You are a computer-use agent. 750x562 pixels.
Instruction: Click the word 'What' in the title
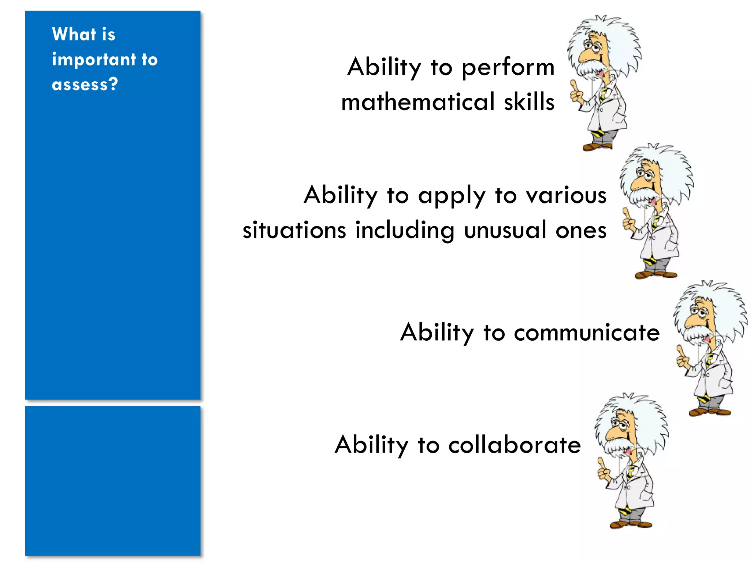(x=74, y=34)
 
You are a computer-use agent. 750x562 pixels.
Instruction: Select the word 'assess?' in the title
(x=85, y=85)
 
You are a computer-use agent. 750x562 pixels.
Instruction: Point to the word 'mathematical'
(x=418, y=102)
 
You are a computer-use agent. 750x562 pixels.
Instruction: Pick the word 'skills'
(x=529, y=102)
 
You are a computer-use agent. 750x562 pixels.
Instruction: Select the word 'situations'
(x=294, y=231)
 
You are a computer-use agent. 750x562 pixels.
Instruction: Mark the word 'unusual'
(x=505, y=231)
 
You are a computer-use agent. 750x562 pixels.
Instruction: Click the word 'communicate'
(x=587, y=333)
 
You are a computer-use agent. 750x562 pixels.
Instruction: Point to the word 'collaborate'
(x=515, y=445)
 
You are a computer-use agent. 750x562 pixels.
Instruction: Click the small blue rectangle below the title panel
(x=113, y=480)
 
